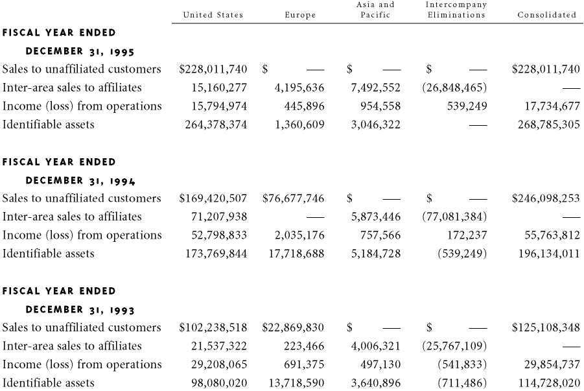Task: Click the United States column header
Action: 213,15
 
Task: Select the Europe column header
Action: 300,15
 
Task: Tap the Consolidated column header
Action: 546,15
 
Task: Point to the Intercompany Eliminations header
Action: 456,10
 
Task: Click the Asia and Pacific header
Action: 375,10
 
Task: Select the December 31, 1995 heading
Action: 80,51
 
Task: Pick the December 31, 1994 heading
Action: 80,180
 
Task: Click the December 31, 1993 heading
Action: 80,309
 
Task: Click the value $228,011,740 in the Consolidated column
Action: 546,69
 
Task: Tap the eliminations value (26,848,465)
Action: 454,88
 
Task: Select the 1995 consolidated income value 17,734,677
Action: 552,106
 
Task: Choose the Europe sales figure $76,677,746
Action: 294,198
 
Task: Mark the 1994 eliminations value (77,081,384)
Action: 454,217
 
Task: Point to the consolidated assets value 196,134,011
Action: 549,254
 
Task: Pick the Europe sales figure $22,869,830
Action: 294,327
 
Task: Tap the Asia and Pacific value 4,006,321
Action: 375,346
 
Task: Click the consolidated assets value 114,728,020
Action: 549,383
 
